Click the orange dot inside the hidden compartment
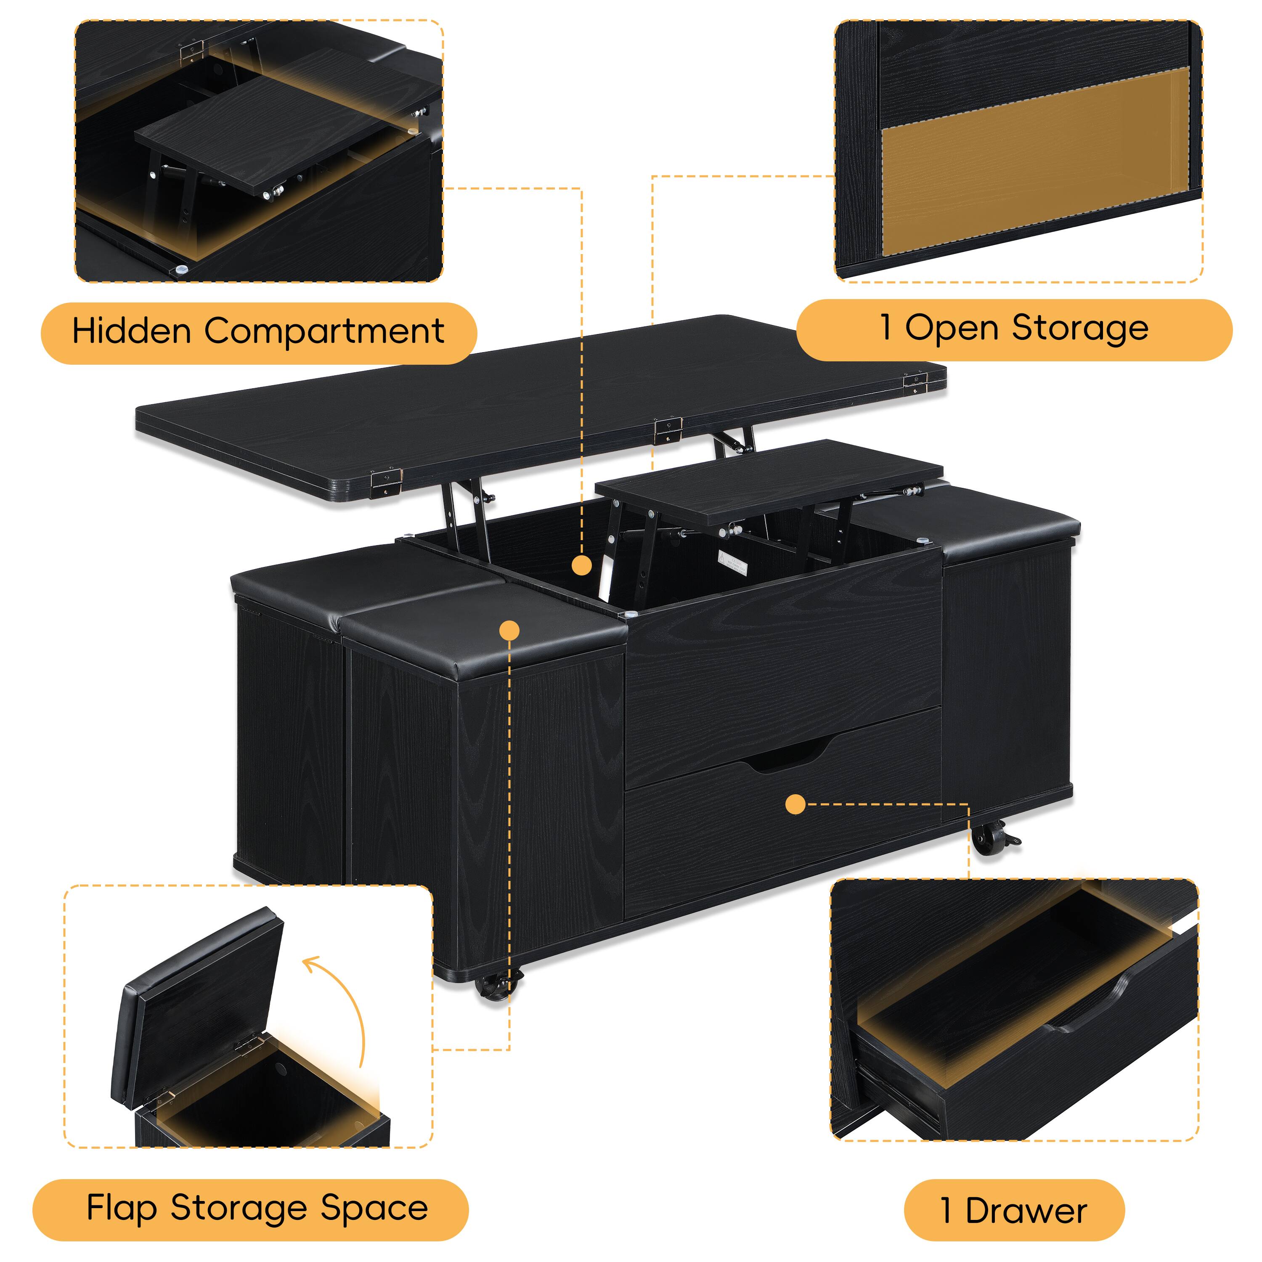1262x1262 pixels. click(x=581, y=566)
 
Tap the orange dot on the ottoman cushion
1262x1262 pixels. click(x=509, y=630)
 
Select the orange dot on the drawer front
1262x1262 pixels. click(x=795, y=804)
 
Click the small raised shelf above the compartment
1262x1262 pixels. click(x=769, y=484)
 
